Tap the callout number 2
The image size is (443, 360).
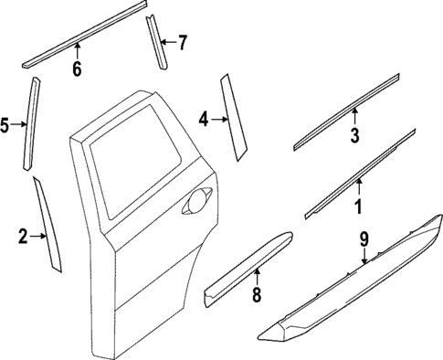(x=23, y=238)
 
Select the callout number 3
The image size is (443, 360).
(x=355, y=136)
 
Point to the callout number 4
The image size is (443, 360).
(x=204, y=118)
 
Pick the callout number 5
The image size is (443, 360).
(x=6, y=124)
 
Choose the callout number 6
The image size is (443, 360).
(x=77, y=69)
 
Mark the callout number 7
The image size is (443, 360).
(x=182, y=42)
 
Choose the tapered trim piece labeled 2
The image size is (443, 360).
(x=48, y=226)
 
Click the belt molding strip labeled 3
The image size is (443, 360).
(x=346, y=110)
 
